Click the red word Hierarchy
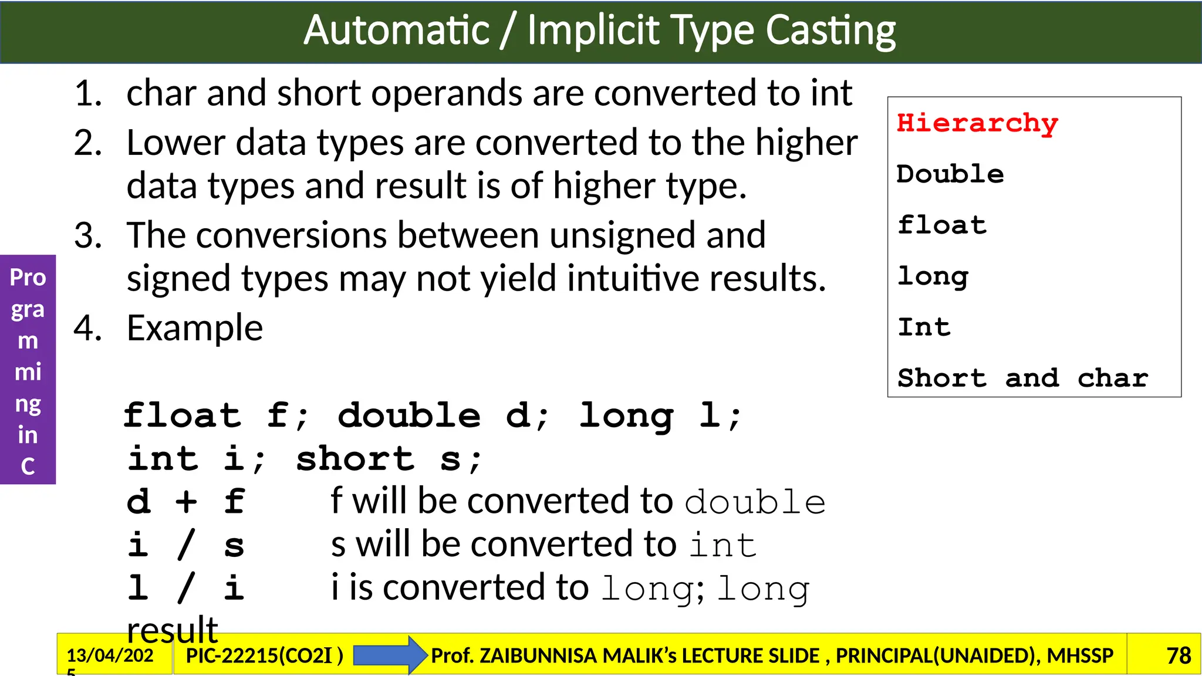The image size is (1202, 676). pyautogui.click(x=977, y=124)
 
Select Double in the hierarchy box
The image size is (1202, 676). pyautogui.click(x=950, y=174)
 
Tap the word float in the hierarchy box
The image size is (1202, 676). pyautogui.click(x=942, y=225)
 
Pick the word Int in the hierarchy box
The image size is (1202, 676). pyautogui.click(x=924, y=327)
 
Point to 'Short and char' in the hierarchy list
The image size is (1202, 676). pyautogui.click(x=1022, y=378)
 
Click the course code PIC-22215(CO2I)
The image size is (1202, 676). pyautogui.click(x=264, y=655)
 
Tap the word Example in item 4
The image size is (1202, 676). pyautogui.click(x=195, y=327)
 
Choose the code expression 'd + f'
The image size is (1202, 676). pyautogui.click(x=185, y=502)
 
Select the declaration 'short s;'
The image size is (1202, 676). pyautogui.click(x=389, y=459)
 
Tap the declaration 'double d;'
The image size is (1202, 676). pyautogui.click(x=444, y=416)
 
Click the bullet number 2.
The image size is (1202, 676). pyautogui.click(x=88, y=143)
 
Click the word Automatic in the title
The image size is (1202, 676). pyautogui.click(x=397, y=31)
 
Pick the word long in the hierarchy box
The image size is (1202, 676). pyautogui.click(x=933, y=276)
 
